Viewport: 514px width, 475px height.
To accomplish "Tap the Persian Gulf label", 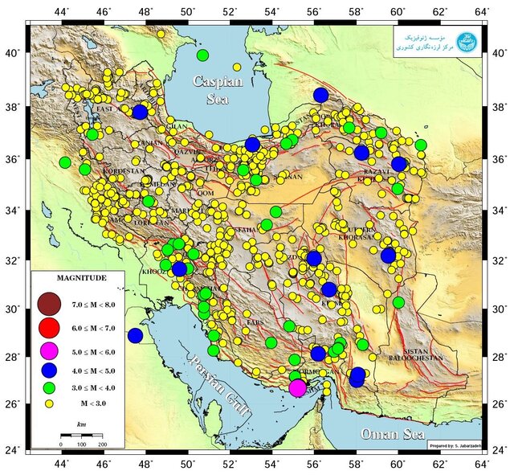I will [216, 385].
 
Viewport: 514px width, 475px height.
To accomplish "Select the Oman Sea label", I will [391, 434].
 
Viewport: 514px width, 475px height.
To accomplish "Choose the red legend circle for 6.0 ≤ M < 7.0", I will [49, 327].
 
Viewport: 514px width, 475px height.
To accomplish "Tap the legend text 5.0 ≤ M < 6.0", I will [96, 350].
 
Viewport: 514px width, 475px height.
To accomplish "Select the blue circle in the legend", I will [49, 370].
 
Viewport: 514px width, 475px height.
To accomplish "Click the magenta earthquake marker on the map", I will [297, 388].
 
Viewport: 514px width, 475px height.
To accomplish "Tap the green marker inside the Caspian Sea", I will [202, 55].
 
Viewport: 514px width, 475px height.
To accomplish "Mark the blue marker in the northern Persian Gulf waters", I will [135, 335].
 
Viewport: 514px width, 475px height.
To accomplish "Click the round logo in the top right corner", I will [466, 42].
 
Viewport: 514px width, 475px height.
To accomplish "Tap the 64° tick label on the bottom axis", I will [482, 462].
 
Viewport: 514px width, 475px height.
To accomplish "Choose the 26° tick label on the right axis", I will [500, 403].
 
